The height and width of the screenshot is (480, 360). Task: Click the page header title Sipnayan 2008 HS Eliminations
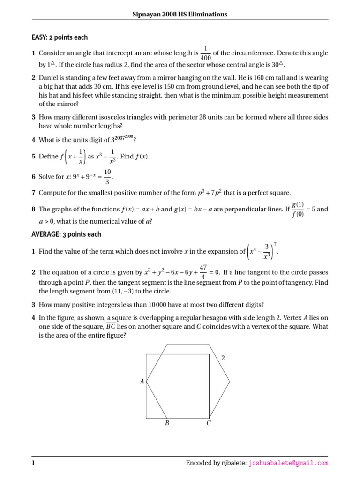(180, 15)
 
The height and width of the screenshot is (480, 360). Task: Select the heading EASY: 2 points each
(60, 37)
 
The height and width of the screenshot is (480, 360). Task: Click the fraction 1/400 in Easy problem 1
(205, 53)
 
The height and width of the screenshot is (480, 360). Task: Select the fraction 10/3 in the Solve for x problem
(107, 178)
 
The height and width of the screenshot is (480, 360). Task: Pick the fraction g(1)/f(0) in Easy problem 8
(298, 210)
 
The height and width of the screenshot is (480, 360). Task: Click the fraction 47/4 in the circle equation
(203, 272)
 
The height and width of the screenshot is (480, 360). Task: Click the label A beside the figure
(142, 382)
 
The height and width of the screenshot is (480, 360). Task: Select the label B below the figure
(166, 423)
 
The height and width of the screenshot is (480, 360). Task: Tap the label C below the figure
(209, 423)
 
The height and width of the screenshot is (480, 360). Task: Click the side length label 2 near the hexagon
(223, 358)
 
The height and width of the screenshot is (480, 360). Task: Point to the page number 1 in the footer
(33, 463)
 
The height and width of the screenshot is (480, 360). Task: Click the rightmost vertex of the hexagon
(230, 382)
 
